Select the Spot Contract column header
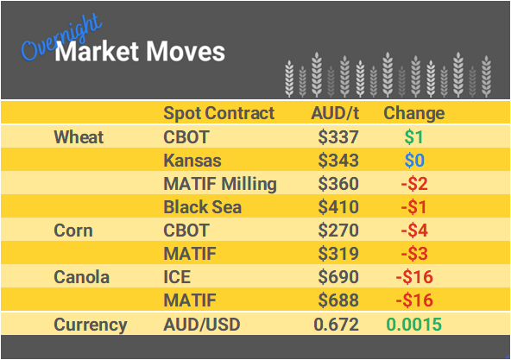tap(218, 113)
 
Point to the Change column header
tap(413, 113)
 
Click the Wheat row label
tap(79, 137)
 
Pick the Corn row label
tap(73, 231)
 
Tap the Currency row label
tap(90, 325)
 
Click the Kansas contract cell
tap(192, 161)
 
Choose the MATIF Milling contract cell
tap(219, 184)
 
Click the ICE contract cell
tap(177, 278)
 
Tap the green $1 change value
tap(413, 137)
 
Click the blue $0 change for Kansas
tap(413, 161)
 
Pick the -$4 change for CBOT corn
tap(413, 231)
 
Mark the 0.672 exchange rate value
tap(337, 325)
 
